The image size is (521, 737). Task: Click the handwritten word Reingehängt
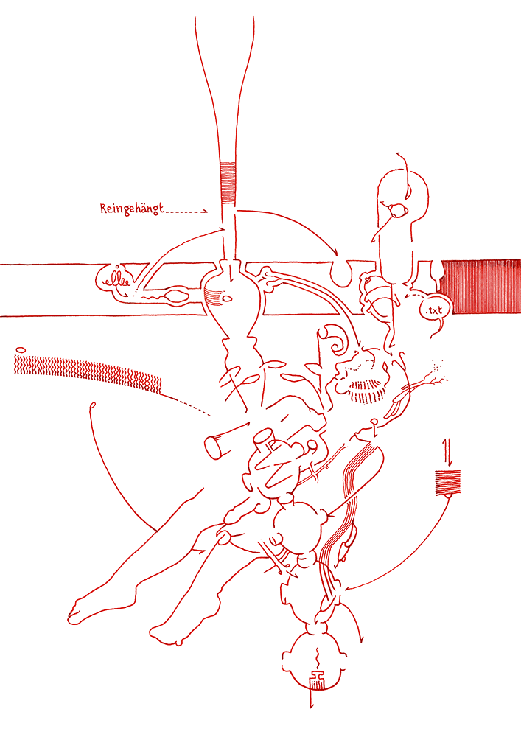pyautogui.click(x=132, y=209)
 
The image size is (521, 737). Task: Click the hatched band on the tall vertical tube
pyautogui.click(x=228, y=184)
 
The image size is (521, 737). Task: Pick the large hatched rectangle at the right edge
pyautogui.click(x=481, y=286)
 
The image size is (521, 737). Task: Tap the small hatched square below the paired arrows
pyautogui.click(x=447, y=482)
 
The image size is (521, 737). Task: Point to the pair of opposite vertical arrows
pyautogui.click(x=447, y=451)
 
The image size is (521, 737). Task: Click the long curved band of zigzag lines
pyautogui.click(x=88, y=371)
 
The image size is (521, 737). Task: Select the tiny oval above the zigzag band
pyautogui.click(x=20, y=349)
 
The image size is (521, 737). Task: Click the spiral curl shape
pyautogui.click(x=337, y=340)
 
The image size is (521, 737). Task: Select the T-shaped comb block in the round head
pyautogui.click(x=317, y=680)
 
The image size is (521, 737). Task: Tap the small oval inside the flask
pyautogui.click(x=227, y=298)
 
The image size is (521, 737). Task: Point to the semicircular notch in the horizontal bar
pyautogui.click(x=341, y=274)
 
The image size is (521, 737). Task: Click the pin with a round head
pyautogui.click(x=375, y=427)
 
